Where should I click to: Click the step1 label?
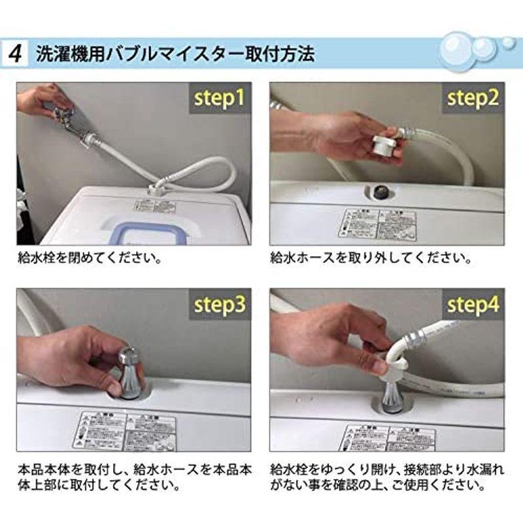coord(220,98)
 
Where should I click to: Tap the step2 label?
coord(473,98)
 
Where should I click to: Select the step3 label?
coord(220,305)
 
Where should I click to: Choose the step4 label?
coord(473,305)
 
